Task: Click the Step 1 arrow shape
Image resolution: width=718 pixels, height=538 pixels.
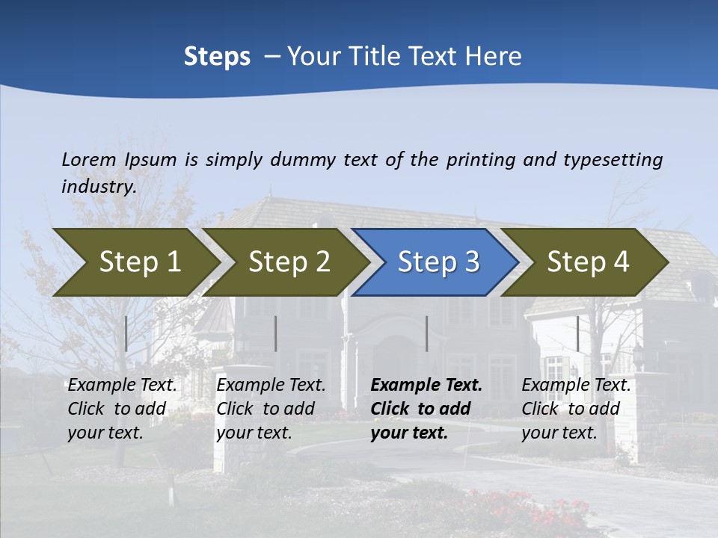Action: [138, 262]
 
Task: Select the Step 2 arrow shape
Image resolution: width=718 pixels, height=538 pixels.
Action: [288, 262]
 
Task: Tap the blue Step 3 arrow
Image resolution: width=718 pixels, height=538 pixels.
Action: [437, 262]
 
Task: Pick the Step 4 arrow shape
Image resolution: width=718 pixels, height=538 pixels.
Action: [587, 262]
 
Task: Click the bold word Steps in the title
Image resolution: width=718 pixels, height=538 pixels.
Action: [217, 57]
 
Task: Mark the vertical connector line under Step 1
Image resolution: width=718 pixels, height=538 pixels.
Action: [126, 333]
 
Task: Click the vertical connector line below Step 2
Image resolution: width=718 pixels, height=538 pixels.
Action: [276, 333]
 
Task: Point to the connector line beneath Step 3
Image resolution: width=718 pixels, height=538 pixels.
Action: [426, 333]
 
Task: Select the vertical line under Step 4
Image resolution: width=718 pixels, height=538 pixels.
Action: [577, 333]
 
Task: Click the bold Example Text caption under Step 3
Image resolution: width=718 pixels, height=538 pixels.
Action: [426, 408]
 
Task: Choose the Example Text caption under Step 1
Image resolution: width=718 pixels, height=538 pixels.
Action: [123, 408]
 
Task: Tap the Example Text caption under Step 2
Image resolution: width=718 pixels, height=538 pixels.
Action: [271, 408]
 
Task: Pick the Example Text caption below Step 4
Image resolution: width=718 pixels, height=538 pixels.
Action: [576, 408]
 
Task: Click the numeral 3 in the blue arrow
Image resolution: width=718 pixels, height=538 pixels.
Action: [471, 262]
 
